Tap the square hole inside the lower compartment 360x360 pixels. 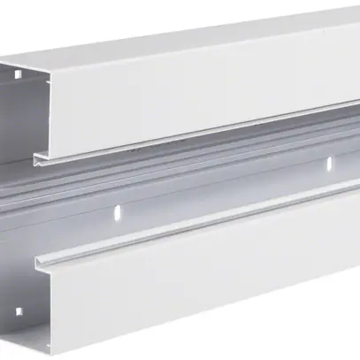(x=17, y=312)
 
